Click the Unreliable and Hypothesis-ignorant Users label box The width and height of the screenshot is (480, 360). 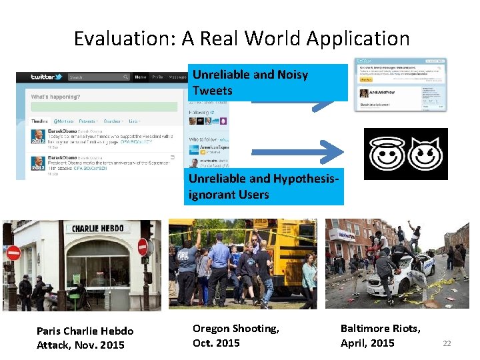tap(265, 187)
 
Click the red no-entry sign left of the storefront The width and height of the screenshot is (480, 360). tap(13, 253)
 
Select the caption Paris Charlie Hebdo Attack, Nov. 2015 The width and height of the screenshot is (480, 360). tap(85, 338)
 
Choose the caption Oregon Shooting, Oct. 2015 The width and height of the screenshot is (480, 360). tap(235, 335)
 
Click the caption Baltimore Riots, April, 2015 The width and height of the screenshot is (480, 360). tap(380, 335)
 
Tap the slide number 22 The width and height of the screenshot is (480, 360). tap(447, 343)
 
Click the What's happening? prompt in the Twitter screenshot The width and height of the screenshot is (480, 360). tap(55, 97)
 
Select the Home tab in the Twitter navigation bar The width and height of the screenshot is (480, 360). tap(141, 77)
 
